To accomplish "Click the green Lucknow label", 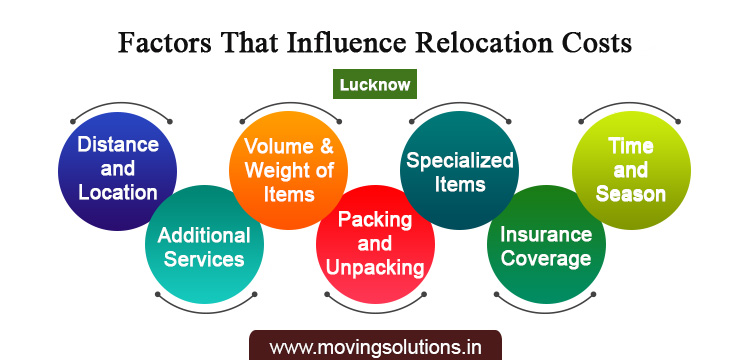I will point(374,84).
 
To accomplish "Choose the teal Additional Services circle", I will point(204,247).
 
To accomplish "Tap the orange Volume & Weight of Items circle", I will point(288,167).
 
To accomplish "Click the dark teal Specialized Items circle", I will point(459,170).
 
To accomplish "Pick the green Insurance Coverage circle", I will point(545,246).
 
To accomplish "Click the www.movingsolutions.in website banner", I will point(375,347).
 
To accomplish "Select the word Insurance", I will point(545,235).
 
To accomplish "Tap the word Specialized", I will point(459,160).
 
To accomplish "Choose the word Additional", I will point(204,236).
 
